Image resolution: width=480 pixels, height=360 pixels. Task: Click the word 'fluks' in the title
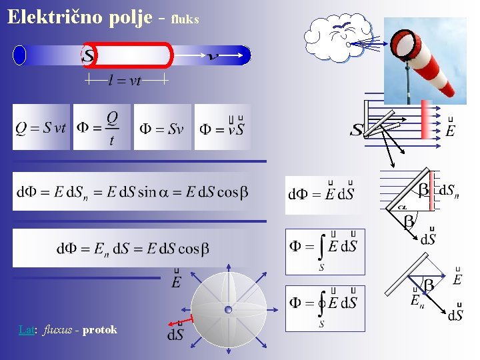click(x=185, y=19)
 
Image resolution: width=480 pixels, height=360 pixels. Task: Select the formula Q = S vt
click(x=41, y=127)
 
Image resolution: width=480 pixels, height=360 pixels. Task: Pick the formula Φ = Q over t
click(x=101, y=127)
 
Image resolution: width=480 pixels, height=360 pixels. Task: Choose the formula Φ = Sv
click(x=161, y=127)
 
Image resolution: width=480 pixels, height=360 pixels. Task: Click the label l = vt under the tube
click(x=125, y=81)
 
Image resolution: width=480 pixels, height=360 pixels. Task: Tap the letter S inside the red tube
click(x=87, y=55)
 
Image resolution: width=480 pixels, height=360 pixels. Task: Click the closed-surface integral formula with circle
click(x=325, y=307)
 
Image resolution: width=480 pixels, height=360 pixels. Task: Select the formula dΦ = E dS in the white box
click(x=321, y=194)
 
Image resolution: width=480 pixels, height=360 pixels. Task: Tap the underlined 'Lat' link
click(x=26, y=329)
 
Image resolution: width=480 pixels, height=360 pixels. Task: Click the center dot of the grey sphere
click(x=228, y=309)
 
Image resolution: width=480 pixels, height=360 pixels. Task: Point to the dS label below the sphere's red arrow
click(x=175, y=334)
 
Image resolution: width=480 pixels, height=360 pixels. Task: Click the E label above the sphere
click(x=176, y=282)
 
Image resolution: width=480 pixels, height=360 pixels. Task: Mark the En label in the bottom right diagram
click(x=416, y=301)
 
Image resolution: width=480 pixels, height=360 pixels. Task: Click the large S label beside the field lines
click(x=357, y=129)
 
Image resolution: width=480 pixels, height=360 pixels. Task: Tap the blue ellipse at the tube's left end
click(x=19, y=55)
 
